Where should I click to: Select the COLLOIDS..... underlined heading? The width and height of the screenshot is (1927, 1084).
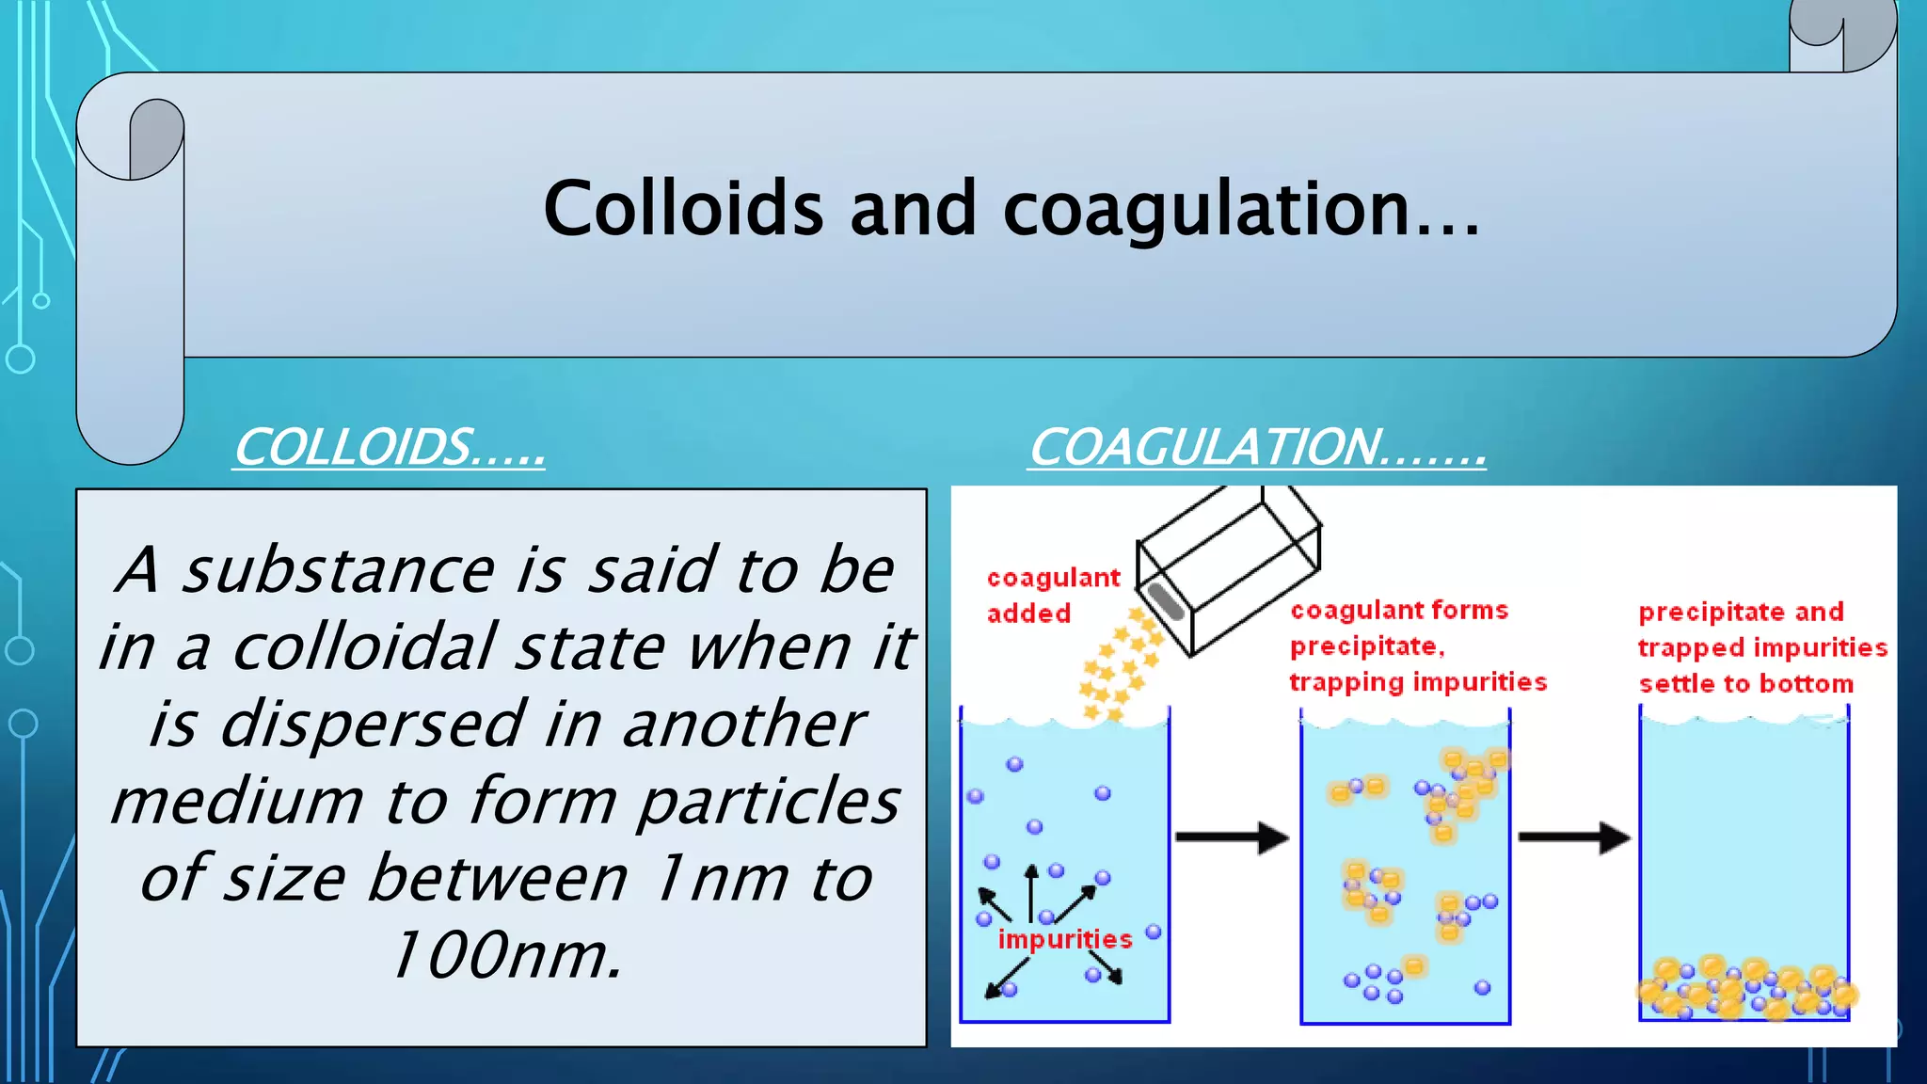pyautogui.click(x=389, y=447)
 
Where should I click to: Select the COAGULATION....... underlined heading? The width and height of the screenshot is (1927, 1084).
pyautogui.click(x=1257, y=447)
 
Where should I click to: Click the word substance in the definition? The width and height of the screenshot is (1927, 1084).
pyautogui.click(x=338, y=570)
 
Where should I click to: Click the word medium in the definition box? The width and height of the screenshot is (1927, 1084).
pyautogui.click(x=236, y=802)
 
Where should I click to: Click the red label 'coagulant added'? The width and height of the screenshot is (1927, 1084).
pyautogui.click(x=1052, y=595)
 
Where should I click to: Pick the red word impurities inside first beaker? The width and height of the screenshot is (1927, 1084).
pyautogui.click(x=1064, y=939)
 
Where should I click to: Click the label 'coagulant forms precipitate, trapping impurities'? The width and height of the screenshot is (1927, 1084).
pyautogui.click(x=1416, y=646)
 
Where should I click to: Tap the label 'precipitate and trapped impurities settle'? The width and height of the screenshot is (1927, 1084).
pyautogui.click(x=1761, y=647)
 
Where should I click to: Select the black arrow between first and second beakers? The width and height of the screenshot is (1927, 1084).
pyautogui.click(x=1232, y=837)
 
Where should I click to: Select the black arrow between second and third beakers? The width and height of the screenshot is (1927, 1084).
pyautogui.click(x=1573, y=837)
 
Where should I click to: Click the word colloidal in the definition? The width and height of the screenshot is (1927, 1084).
pyautogui.click(x=364, y=648)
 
